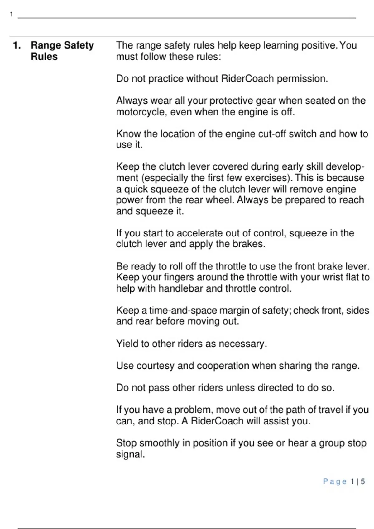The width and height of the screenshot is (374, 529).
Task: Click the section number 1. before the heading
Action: pyautogui.click(x=17, y=45)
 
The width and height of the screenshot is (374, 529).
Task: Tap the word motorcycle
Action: pyautogui.click(x=138, y=112)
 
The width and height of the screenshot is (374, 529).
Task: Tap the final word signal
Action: pyautogui.click(x=130, y=454)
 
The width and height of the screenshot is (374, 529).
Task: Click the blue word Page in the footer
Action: pyautogui.click(x=335, y=482)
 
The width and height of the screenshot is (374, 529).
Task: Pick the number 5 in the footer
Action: pyautogui.click(x=363, y=482)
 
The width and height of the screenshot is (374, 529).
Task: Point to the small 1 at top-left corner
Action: pyautogui.click(x=12, y=14)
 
